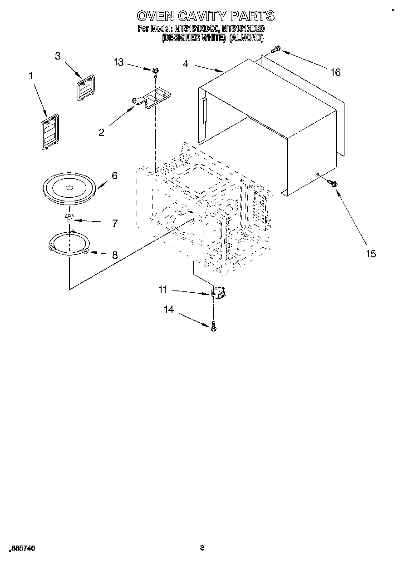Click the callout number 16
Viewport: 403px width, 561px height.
335,72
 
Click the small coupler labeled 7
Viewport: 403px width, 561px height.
69,217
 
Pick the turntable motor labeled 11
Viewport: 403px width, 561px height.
220,293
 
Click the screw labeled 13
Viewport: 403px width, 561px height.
156,71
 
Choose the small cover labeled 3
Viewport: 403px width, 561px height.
83,87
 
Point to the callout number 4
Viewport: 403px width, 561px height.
185,64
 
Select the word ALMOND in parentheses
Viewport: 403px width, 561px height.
246,39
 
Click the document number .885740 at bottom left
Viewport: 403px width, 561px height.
21,549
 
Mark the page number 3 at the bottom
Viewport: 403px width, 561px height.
202,548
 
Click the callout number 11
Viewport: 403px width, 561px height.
162,289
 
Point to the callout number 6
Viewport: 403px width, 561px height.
114,175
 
